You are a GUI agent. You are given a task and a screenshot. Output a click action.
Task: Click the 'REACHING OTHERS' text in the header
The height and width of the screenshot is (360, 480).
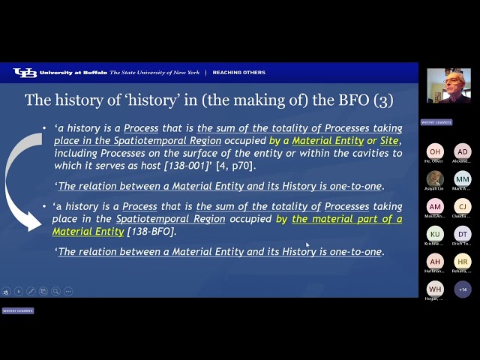tap(238, 73)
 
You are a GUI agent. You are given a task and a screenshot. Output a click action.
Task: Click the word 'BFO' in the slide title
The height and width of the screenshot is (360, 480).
tap(353, 100)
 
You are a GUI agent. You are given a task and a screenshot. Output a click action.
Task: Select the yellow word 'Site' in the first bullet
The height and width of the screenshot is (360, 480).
tap(389, 141)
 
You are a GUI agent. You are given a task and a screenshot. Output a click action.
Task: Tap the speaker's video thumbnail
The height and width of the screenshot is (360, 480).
tap(448, 85)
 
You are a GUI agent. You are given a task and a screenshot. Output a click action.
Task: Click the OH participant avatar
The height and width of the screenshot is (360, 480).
tap(435, 151)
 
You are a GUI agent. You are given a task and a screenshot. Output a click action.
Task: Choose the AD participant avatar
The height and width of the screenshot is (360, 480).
tap(463, 151)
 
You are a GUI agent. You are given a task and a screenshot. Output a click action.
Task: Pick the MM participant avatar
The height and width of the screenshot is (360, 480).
tap(463, 179)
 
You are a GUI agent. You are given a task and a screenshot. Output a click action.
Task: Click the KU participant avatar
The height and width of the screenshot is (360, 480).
tap(435, 234)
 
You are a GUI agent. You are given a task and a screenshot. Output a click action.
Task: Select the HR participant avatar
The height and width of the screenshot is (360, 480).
tap(463, 262)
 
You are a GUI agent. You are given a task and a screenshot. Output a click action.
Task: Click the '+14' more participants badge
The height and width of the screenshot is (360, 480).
tap(463, 289)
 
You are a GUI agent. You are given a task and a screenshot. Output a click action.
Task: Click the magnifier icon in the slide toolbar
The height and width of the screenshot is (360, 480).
tap(55, 291)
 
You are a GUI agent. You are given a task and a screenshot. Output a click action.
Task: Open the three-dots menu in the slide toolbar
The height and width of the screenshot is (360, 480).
tap(68, 291)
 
